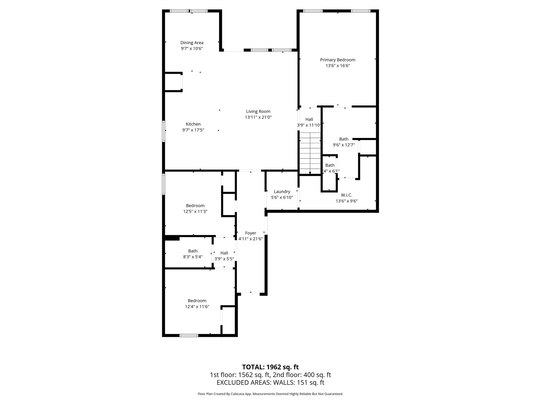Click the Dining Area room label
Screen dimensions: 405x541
click(x=192, y=43)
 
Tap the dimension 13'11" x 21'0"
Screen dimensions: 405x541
click(x=258, y=117)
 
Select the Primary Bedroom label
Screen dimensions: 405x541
click(x=338, y=60)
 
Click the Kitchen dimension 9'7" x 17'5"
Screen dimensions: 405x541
click(x=193, y=130)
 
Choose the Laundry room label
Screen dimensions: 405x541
click(x=282, y=192)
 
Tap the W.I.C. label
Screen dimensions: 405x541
click(x=346, y=195)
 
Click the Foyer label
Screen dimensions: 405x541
click(x=250, y=233)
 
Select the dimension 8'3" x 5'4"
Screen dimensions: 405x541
click(x=193, y=257)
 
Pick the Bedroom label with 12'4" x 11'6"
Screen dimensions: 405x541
click(x=197, y=301)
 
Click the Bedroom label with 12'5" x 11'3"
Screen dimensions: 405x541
click(x=195, y=206)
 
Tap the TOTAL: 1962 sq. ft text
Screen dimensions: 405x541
click(x=270, y=367)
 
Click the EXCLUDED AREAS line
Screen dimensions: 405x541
click(x=270, y=383)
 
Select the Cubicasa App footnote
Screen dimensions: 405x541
click(x=270, y=394)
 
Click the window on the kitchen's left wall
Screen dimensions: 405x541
click(x=164, y=131)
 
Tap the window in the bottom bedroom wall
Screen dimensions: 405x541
click(x=189, y=335)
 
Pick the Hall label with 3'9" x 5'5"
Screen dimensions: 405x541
click(x=224, y=253)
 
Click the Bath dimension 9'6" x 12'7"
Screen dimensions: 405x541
click(x=343, y=145)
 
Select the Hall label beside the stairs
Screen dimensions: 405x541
click(x=309, y=119)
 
